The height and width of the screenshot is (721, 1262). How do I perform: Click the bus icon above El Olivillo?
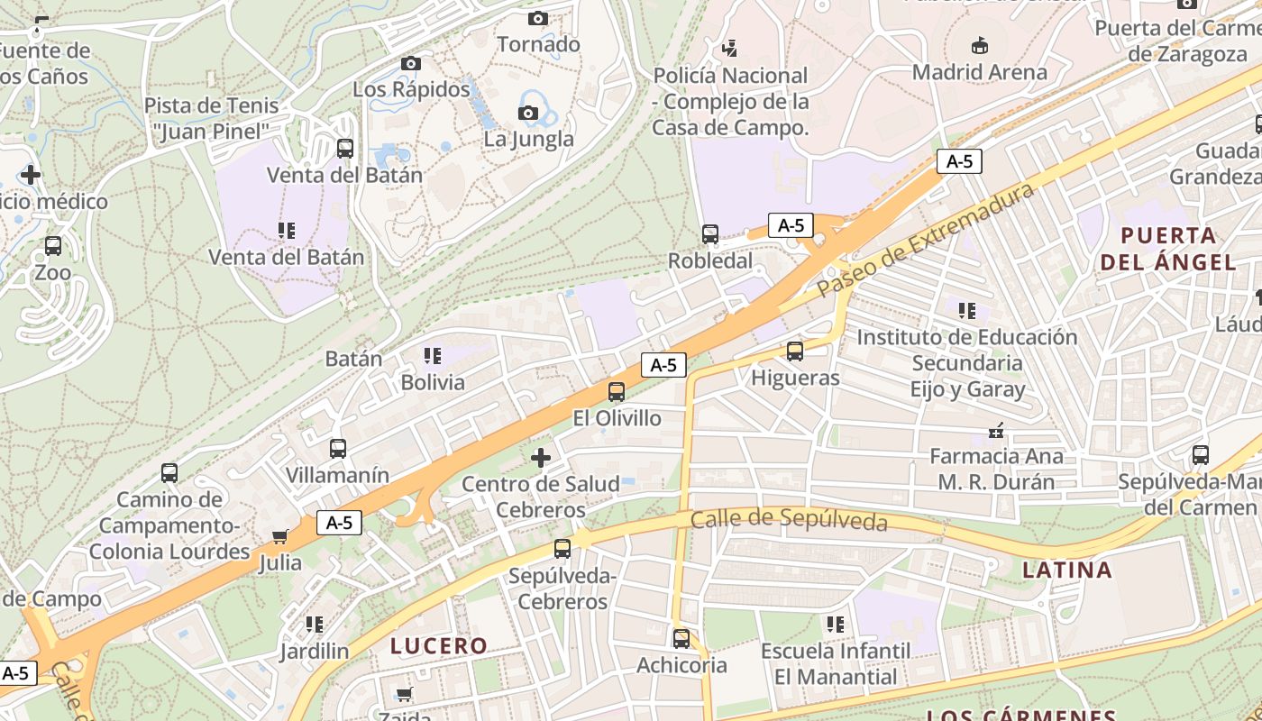pyautogui.click(x=617, y=392)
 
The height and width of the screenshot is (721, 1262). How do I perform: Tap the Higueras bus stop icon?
pyautogui.click(x=794, y=351)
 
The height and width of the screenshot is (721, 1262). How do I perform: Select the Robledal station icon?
pyautogui.click(x=710, y=234)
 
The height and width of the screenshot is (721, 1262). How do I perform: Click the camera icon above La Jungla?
pyautogui.click(x=528, y=113)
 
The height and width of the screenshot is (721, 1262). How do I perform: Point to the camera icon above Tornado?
pyautogui.click(x=538, y=18)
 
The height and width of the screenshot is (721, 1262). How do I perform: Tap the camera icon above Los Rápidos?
pyautogui.click(x=411, y=63)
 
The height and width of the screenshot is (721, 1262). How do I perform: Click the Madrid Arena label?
pyautogui.click(x=980, y=72)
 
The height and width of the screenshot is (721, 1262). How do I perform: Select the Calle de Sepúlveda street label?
pyautogui.click(x=789, y=521)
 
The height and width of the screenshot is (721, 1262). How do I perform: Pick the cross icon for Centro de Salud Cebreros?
pyautogui.click(x=541, y=458)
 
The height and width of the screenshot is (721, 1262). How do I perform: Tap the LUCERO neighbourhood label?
pyautogui.click(x=439, y=646)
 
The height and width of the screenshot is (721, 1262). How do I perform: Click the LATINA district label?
pyautogui.click(x=1067, y=570)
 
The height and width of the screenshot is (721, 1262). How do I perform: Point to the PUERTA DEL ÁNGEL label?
pyautogui.click(x=1168, y=249)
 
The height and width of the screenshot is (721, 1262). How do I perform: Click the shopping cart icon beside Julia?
pyautogui.click(x=280, y=536)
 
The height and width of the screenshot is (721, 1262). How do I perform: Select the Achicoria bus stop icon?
pyautogui.click(x=681, y=639)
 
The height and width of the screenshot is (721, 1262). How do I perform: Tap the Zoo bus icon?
pyautogui.click(x=53, y=246)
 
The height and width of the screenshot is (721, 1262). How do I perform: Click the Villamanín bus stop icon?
pyautogui.click(x=338, y=449)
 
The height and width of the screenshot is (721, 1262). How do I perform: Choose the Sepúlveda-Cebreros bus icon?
pyautogui.click(x=562, y=548)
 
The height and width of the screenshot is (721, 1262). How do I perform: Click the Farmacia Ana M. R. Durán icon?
pyautogui.click(x=996, y=431)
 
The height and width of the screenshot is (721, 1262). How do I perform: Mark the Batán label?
pyautogui.click(x=353, y=359)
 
